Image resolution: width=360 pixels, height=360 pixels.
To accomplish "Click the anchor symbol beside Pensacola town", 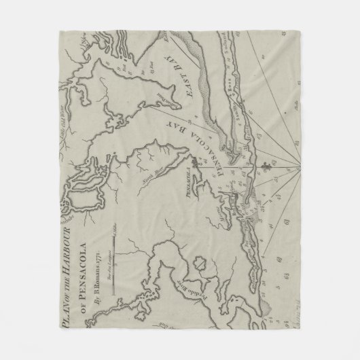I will (195, 162).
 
